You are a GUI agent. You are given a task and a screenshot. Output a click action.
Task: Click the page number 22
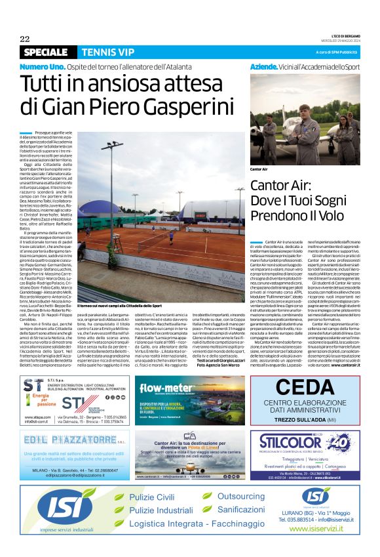point(25,39)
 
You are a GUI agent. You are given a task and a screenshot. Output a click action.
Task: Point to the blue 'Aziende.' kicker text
point(265,68)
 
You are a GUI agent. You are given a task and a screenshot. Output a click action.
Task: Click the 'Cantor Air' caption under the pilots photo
point(259,169)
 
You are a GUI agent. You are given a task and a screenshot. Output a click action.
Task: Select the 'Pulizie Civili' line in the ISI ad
point(151,497)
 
